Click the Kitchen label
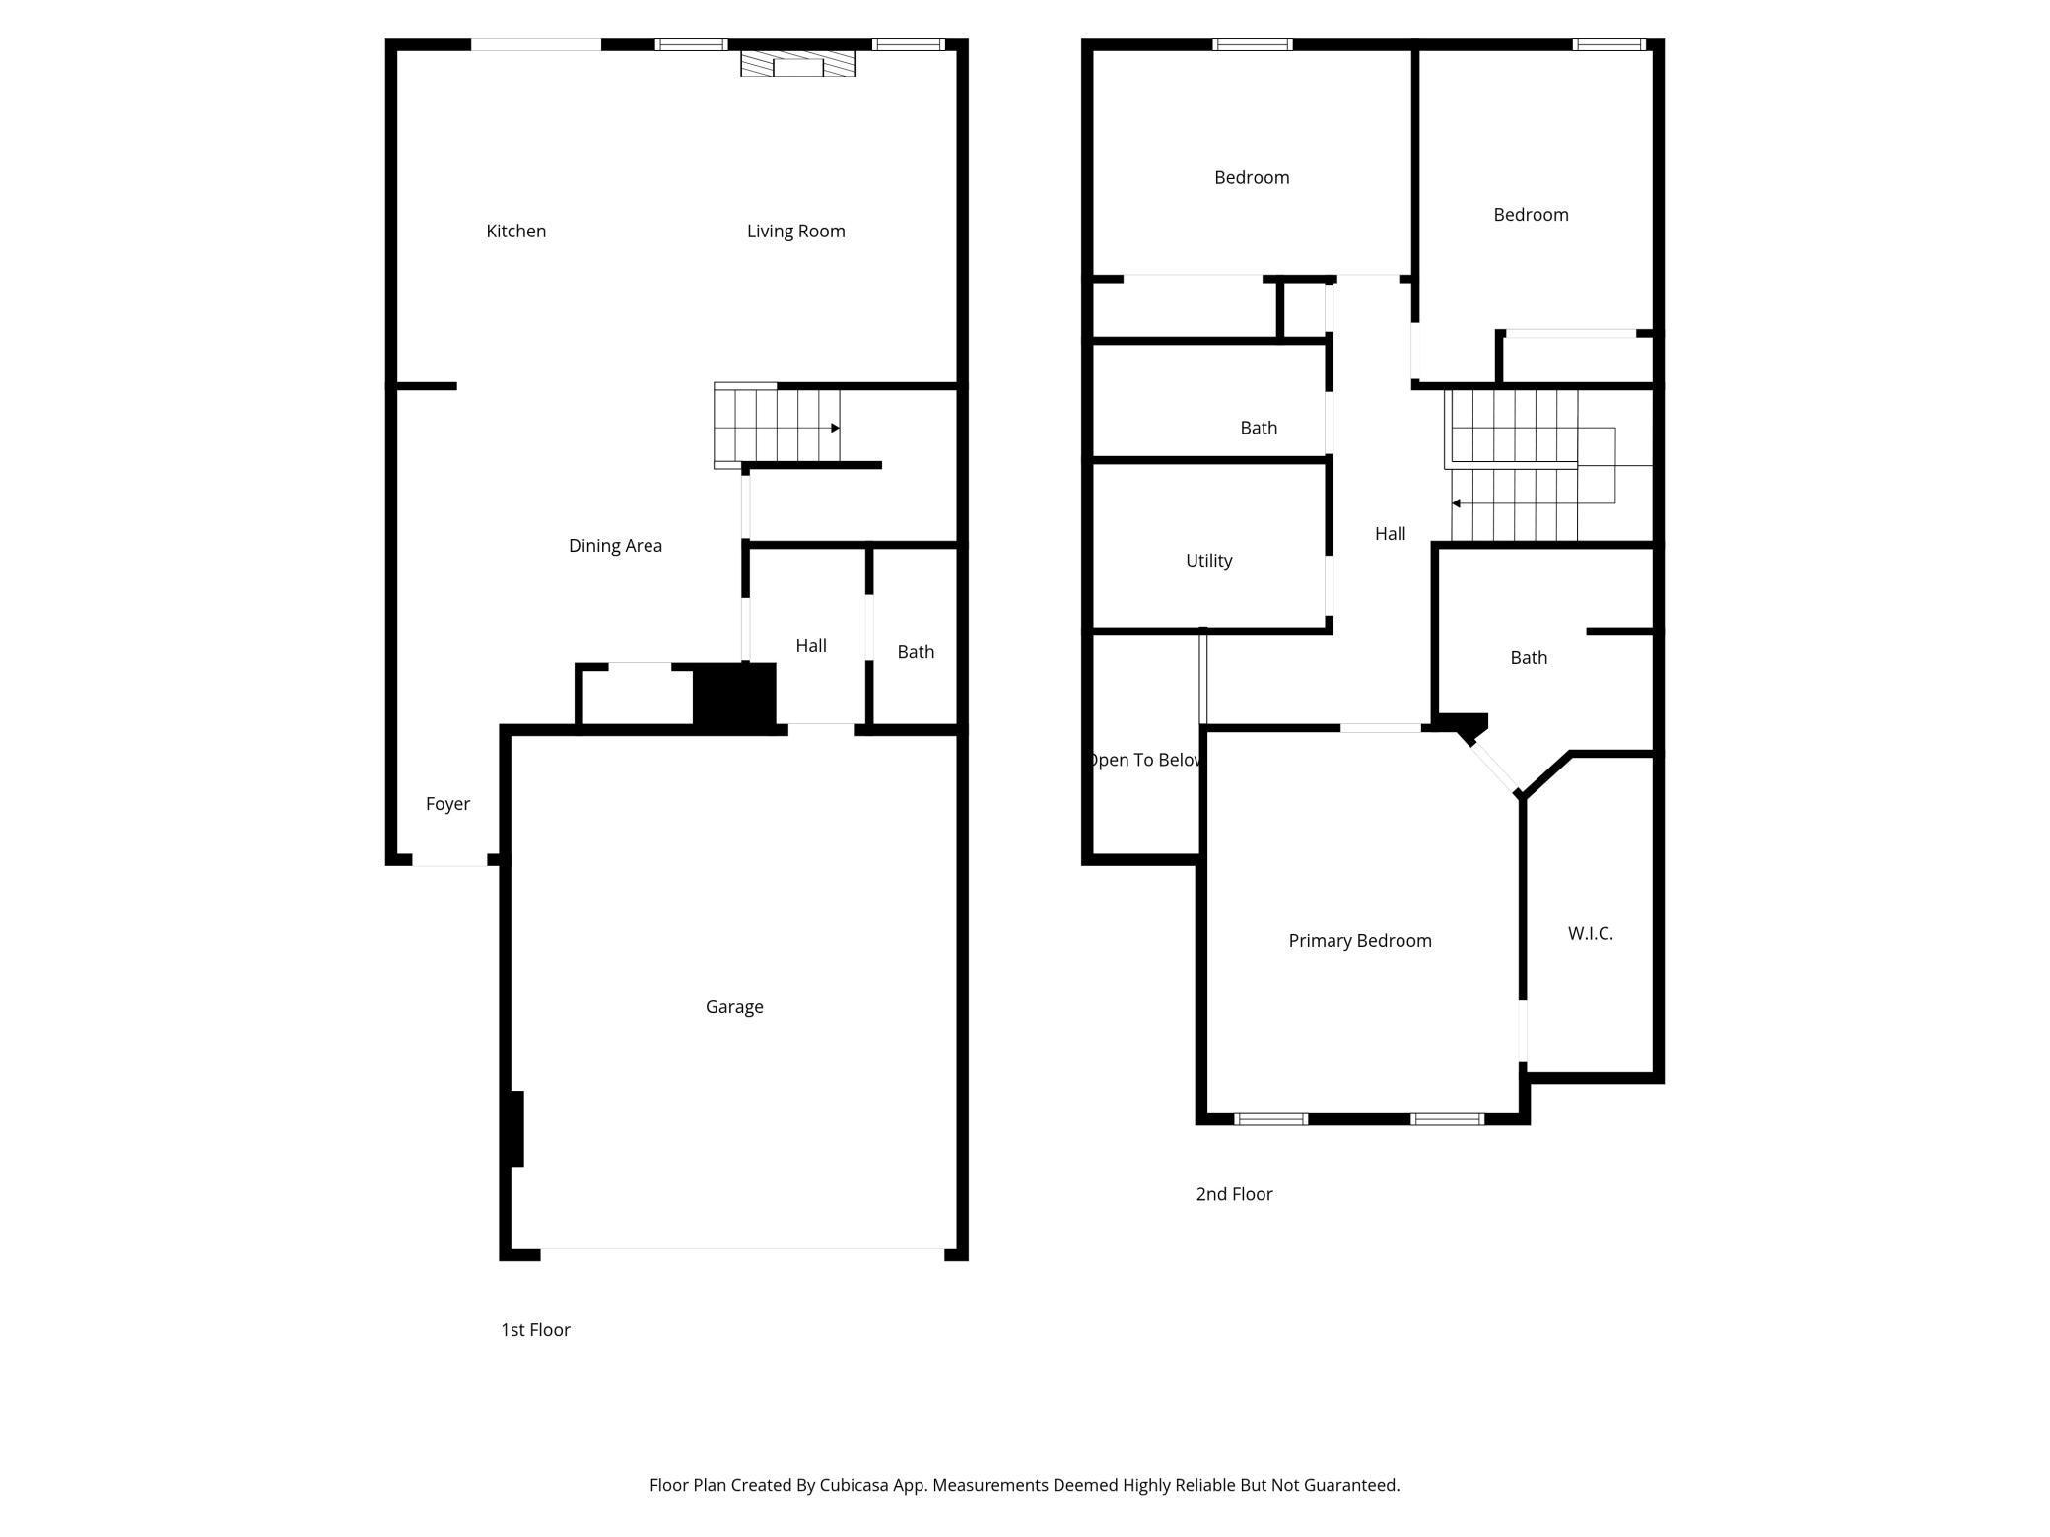(x=515, y=231)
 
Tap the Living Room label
(x=795, y=231)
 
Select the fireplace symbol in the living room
(x=798, y=63)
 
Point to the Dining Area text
(x=615, y=546)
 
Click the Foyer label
(x=447, y=804)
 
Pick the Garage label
(x=734, y=1007)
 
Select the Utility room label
(x=1208, y=561)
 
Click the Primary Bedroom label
(x=1360, y=941)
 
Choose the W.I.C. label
(x=1591, y=933)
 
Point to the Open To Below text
(x=1144, y=760)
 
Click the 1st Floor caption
(x=535, y=1330)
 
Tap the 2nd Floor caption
(x=1234, y=1194)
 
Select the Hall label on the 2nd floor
(x=1390, y=533)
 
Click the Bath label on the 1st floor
(x=916, y=652)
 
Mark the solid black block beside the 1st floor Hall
(x=734, y=697)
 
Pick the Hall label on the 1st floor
(x=811, y=645)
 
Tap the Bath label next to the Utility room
(x=1259, y=428)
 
